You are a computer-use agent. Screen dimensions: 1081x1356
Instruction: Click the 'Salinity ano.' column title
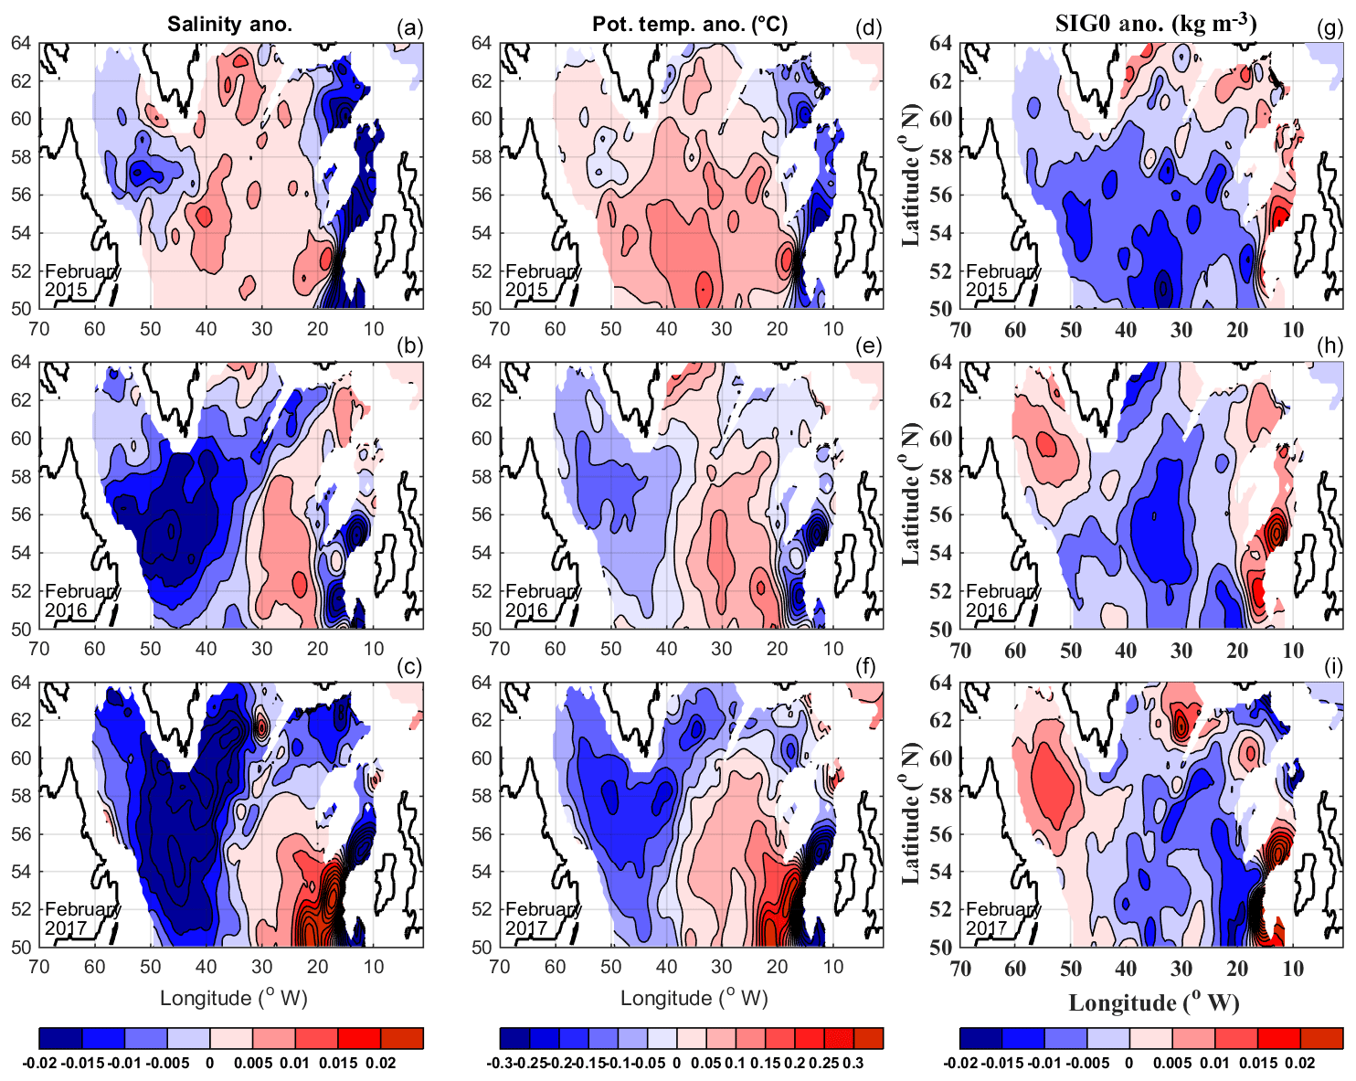pos(229,25)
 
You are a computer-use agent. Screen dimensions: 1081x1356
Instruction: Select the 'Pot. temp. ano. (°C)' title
pos(690,25)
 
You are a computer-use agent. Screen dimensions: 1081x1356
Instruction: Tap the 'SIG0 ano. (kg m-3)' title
pos(1156,23)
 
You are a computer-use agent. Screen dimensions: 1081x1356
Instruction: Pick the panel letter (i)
pos(1333,667)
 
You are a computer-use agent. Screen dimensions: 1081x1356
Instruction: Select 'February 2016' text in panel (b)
pos(82,600)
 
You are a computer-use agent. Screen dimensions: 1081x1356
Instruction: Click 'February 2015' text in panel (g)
pos(1003,281)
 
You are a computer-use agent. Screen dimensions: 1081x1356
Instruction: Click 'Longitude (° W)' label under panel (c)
pos(233,998)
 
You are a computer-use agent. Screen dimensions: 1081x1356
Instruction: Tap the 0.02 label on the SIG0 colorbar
pos(1300,1064)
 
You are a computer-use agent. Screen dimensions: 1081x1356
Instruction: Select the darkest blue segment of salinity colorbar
pos(60,1038)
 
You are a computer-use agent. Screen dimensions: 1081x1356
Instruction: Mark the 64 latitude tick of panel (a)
pos(21,43)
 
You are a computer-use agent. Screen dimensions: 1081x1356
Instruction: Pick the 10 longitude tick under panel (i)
pos(1292,969)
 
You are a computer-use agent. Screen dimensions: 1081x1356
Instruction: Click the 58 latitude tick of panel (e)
pos(482,476)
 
